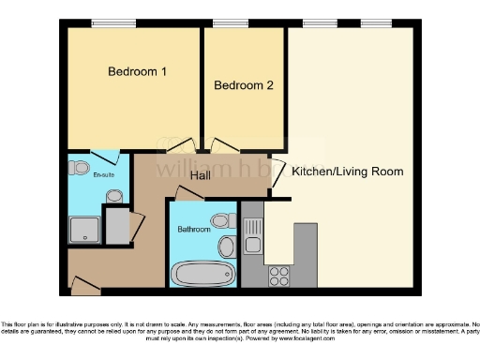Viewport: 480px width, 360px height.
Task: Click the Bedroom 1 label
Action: (x=137, y=72)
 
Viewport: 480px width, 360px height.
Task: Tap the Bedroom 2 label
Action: (x=244, y=86)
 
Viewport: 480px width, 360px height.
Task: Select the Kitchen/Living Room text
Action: (x=347, y=172)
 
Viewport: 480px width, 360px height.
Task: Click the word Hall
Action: (x=200, y=175)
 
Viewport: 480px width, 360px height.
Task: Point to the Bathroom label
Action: (x=194, y=228)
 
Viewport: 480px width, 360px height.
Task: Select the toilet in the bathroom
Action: (x=223, y=221)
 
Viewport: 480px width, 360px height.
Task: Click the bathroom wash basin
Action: (x=226, y=248)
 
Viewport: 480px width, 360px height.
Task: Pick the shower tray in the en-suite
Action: (x=84, y=228)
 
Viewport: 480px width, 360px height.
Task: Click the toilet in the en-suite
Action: (x=113, y=195)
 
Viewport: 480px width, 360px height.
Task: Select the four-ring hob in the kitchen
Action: (x=278, y=275)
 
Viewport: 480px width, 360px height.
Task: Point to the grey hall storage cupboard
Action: (x=118, y=226)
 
